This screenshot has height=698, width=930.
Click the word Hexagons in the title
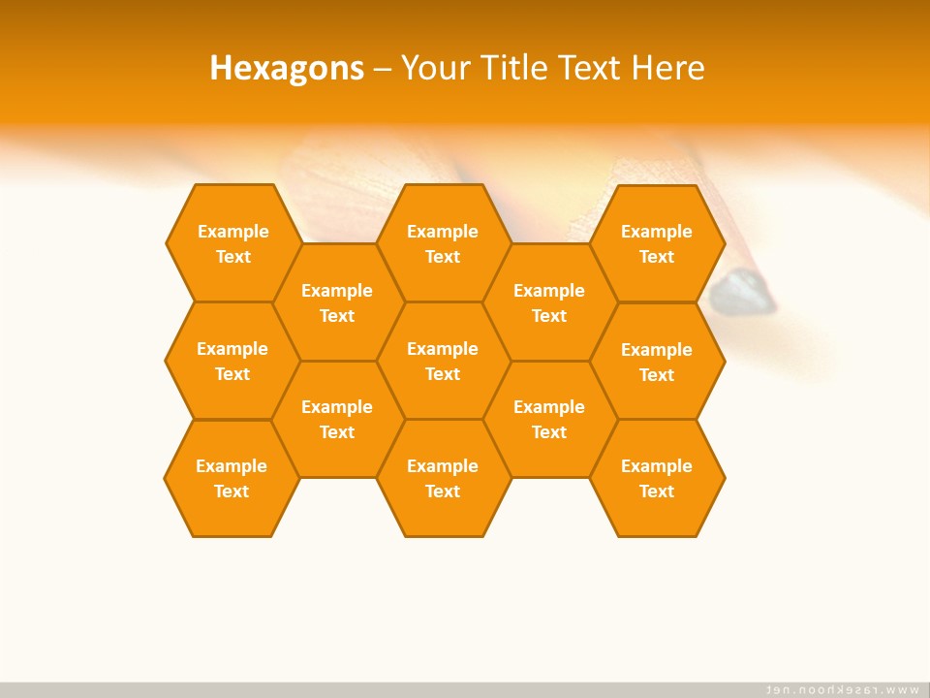click(x=287, y=68)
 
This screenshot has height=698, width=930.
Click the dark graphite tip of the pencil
click(x=744, y=292)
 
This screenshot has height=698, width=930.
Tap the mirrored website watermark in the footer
click(x=842, y=689)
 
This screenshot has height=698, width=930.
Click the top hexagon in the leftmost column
click(x=232, y=243)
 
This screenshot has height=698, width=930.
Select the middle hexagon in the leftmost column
click(x=232, y=361)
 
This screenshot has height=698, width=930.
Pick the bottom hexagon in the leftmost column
click(x=232, y=478)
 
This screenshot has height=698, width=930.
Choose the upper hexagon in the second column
click(x=337, y=302)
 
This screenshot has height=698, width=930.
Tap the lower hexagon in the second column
click(x=337, y=419)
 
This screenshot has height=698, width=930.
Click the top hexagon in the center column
click(x=443, y=243)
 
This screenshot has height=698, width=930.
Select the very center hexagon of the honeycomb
click(x=443, y=361)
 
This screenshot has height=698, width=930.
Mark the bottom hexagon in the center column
click(x=443, y=478)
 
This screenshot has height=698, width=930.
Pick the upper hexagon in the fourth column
click(x=549, y=302)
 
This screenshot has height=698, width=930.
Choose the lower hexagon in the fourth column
click(x=549, y=419)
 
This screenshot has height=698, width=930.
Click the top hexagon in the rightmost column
click(x=657, y=243)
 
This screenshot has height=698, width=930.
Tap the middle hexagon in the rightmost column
click(x=657, y=362)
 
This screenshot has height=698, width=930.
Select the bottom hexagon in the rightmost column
click(x=657, y=478)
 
